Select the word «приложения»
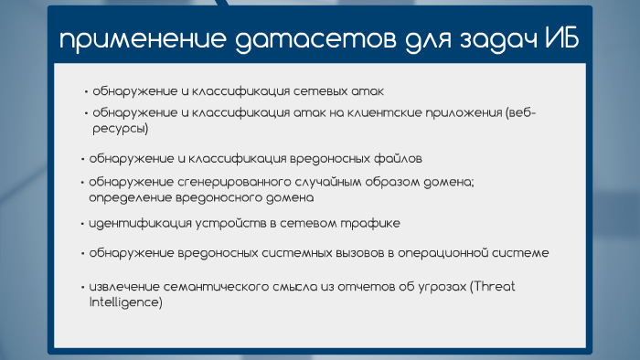tap(457, 113)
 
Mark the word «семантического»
tap(213, 287)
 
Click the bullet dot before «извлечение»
tap(81, 287)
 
